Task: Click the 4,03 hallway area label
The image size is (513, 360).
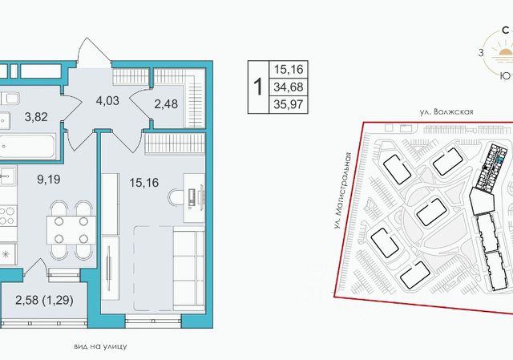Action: pyautogui.click(x=107, y=101)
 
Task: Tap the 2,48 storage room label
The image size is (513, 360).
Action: pyautogui.click(x=166, y=104)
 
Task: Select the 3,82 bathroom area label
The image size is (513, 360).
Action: pyautogui.click(x=36, y=116)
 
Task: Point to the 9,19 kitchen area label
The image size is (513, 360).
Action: pyautogui.click(x=49, y=180)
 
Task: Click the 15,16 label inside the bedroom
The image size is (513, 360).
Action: pyautogui.click(x=144, y=183)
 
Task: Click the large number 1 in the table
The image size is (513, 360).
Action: pyautogui.click(x=258, y=87)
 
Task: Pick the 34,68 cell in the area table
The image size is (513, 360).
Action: pyautogui.click(x=289, y=87)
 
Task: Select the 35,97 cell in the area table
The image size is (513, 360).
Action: pyautogui.click(x=289, y=105)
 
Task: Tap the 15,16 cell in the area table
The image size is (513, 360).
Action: pyautogui.click(x=289, y=70)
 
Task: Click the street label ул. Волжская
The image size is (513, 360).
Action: pyautogui.click(x=446, y=112)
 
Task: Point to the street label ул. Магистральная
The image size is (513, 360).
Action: pyautogui.click(x=342, y=191)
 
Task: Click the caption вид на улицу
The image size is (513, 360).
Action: pyautogui.click(x=100, y=346)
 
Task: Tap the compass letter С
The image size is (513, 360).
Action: pyautogui.click(x=506, y=30)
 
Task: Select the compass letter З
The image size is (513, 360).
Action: pyautogui.click(x=481, y=52)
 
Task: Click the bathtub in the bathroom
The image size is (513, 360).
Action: pyautogui.click(x=27, y=146)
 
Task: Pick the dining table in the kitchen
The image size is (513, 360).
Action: pyautogui.click(x=71, y=229)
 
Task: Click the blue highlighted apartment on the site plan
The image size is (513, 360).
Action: pyautogui.click(x=500, y=160)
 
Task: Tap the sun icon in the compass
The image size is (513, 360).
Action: pyautogui.click(x=505, y=52)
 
